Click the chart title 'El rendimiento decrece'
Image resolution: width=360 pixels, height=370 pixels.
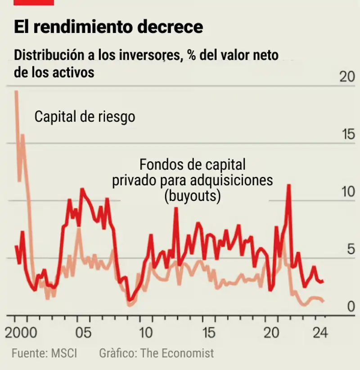108,27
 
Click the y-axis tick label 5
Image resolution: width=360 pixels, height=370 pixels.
351,250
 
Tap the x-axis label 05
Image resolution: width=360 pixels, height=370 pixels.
84,334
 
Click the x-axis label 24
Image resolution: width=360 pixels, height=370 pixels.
320,334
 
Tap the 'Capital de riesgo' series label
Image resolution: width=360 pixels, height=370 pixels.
85,117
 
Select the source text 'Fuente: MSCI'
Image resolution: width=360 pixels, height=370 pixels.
45,353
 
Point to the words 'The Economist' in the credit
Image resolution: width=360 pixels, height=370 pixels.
177,353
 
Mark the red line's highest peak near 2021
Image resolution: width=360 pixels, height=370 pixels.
288,185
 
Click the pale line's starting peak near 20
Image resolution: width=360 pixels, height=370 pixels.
16,91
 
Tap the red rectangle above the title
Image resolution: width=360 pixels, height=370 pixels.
34,2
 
